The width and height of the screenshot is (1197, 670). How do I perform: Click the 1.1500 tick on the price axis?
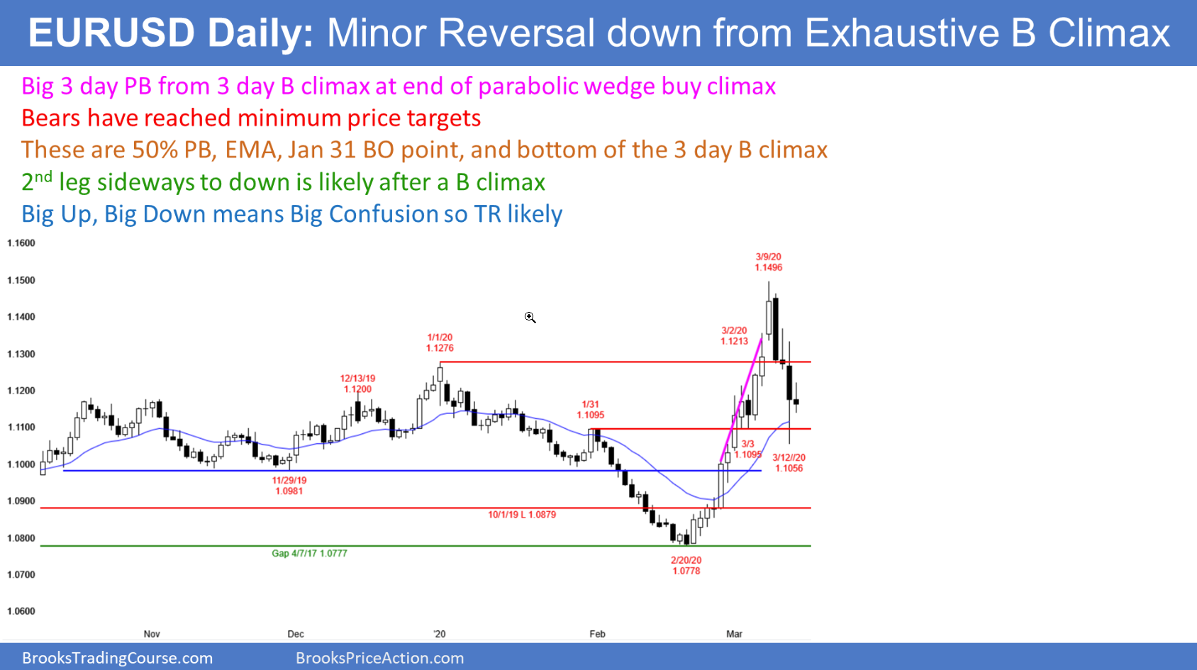pyautogui.click(x=21, y=281)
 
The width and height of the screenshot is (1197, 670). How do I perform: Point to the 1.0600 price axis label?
pyautogui.click(x=21, y=611)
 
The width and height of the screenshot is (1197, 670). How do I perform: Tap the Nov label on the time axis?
pyautogui.click(x=152, y=634)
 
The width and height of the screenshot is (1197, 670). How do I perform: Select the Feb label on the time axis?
pyautogui.click(x=597, y=634)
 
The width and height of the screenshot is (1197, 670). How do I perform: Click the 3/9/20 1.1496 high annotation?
pyautogui.click(x=769, y=262)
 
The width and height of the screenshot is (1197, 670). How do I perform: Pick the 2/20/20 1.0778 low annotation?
pyautogui.click(x=686, y=565)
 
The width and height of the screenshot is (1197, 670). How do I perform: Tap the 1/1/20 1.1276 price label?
pyautogui.click(x=440, y=342)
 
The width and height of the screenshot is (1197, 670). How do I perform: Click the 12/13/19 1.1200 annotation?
pyautogui.click(x=357, y=384)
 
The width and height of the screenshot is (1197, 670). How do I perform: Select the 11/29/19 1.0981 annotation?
pyautogui.click(x=289, y=485)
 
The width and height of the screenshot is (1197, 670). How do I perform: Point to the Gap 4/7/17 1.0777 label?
pyautogui.click(x=309, y=554)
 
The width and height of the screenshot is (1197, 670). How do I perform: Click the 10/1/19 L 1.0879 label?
pyautogui.click(x=522, y=515)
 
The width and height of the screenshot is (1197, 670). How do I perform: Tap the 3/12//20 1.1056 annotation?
pyautogui.click(x=789, y=463)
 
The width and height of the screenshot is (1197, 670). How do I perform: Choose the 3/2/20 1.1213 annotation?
pyautogui.click(x=734, y=335)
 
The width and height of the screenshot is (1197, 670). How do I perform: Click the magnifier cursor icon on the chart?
pyautogui.click(x=530, y=318)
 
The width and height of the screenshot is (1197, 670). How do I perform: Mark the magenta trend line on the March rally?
pyautogui.click(x=740, y=400)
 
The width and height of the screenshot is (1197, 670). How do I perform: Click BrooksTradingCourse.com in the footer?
pyautogui.click(x=117, y=658)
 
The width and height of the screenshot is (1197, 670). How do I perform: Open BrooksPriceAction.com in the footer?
pyautogui.click(x=380, y=658)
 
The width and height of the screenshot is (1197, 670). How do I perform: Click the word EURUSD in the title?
pyautogui.click(x=111, y=33)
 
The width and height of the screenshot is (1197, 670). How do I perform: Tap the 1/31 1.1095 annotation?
pyautogui.click(x=591, y=409)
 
